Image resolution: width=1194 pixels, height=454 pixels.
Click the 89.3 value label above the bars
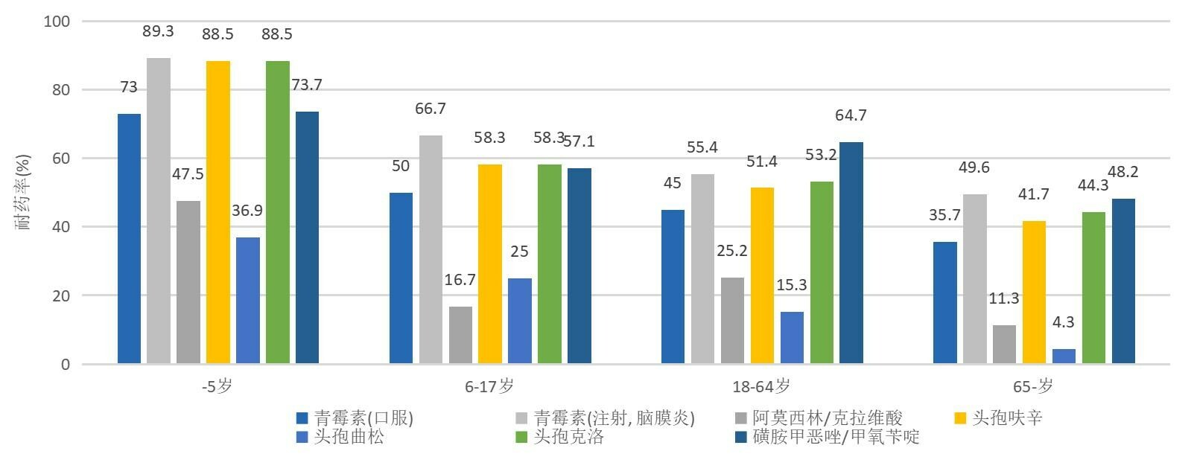point(158,31)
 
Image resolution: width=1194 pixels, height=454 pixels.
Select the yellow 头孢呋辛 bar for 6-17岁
point(490,263)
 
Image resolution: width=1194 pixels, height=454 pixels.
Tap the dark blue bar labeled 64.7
point(851,253)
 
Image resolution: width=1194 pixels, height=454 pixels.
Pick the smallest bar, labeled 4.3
point(1064,356)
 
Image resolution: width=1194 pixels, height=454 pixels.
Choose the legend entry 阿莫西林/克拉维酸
point(827,418)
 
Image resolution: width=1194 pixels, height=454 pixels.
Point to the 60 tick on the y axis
point(60,159)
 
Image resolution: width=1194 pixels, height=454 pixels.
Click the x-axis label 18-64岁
point(761,386)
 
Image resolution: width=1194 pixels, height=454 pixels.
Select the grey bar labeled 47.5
point(188,282)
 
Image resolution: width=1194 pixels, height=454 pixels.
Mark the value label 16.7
point(460,280)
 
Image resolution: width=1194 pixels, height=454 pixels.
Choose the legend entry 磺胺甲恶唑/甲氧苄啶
point(836,436)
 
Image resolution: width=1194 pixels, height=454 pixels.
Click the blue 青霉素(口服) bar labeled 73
point(129,238)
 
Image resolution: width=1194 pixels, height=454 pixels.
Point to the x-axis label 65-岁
point(1033,386)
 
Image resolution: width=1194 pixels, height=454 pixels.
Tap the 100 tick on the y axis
point(57,22)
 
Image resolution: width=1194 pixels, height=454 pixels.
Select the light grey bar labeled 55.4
point(702,269)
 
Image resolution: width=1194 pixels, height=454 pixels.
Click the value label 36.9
point(247,211)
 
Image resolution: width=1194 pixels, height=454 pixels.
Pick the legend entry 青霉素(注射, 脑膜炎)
point(615,418)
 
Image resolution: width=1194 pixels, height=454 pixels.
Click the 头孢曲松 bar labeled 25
point(520,321)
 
